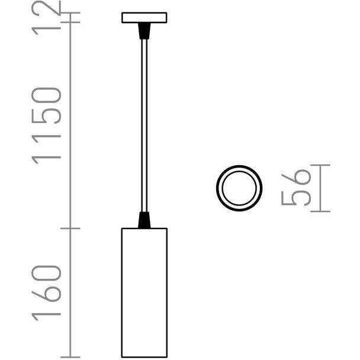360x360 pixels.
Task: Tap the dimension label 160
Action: (x=46, y=293)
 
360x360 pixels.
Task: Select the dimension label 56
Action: (x=296, y=188)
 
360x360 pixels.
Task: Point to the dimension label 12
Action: (x=46, y=17)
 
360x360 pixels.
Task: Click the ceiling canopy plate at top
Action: (x=144, y=18)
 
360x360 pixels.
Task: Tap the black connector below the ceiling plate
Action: (x=144, y=31)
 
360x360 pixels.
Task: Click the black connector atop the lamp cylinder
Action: (x=144, y=220)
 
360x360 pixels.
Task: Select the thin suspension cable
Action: (x=144, y=126)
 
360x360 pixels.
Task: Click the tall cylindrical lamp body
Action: (x=144, y=292)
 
